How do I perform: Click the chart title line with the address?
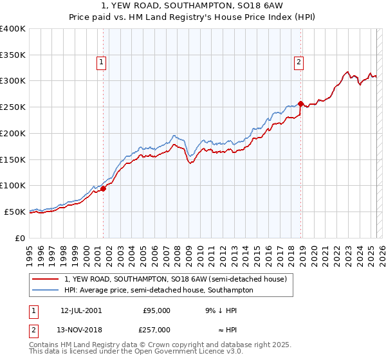[x=192, y=5]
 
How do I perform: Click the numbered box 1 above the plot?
[x=102, y=62]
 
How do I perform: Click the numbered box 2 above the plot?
[x=299, y=62]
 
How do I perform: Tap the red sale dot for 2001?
[x=103, y=188]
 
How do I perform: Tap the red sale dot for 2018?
[x=300, y=104]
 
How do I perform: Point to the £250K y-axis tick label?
[x=13, y=107]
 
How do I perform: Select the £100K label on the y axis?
[x=13, y=185]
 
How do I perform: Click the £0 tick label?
[x=19, y=238]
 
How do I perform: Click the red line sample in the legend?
[x=46, y=279]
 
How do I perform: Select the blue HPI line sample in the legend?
[x=46, y=290]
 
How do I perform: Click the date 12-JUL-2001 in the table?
[x=80, y=310]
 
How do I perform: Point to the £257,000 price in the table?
[x=156, y=329]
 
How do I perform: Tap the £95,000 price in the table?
[x=156, y=310]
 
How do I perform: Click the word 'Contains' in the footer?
[x=44, y=346]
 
